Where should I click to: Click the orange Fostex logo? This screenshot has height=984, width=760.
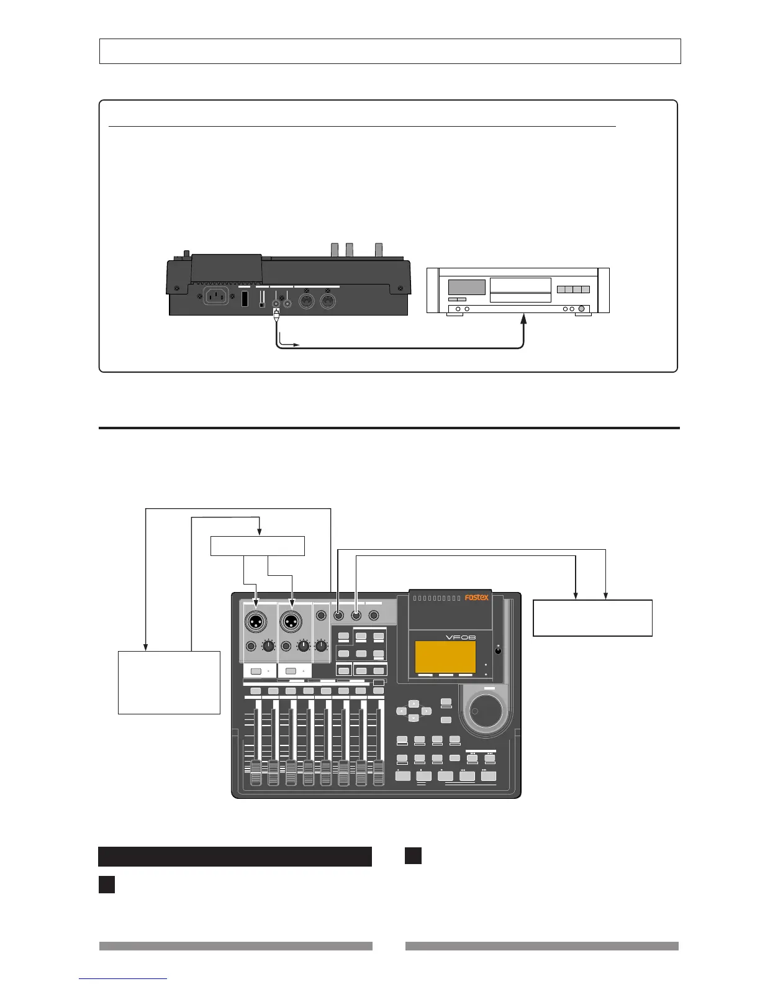pos(477,598)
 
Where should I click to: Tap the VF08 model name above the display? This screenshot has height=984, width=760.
pos(461,638)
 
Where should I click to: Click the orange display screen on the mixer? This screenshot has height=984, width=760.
pos(445,657)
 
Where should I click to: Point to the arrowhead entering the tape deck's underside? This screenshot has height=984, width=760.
pos(523,319)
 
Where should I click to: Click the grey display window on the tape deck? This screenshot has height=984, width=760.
pos(466,287)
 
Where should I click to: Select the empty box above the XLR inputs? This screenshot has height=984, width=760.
pos(258,546)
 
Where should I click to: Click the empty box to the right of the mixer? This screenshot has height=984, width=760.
pos(592,617)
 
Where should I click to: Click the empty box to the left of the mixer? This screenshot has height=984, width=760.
pos(169,682)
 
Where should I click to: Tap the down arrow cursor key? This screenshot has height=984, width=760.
pos(414,718)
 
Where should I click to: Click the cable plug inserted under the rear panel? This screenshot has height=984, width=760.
pos(276,316)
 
